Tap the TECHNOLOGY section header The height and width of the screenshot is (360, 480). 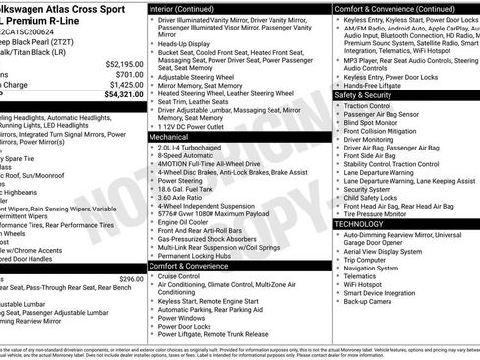tap(360, 224)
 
